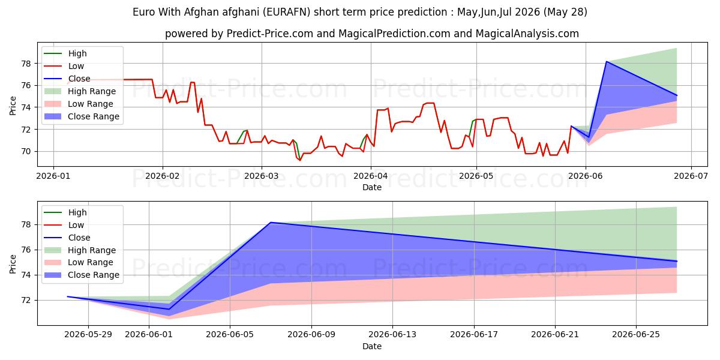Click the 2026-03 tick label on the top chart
[262, 176]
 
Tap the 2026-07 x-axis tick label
[691, 176]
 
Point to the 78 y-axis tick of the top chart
[26, 64]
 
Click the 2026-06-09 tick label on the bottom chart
[311, 335]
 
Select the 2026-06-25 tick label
[636, 335]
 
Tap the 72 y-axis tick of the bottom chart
[26, 300]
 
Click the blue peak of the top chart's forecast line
[606, 61]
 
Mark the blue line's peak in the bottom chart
[271, 223]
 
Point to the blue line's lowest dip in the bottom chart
[169, 309]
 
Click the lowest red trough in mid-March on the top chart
[300, 160]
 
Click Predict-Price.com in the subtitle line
[269, 34]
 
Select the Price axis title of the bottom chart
[13, 264]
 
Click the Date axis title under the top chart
[372, 187]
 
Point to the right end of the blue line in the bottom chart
[677, 261]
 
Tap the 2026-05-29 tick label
[88, 335]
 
